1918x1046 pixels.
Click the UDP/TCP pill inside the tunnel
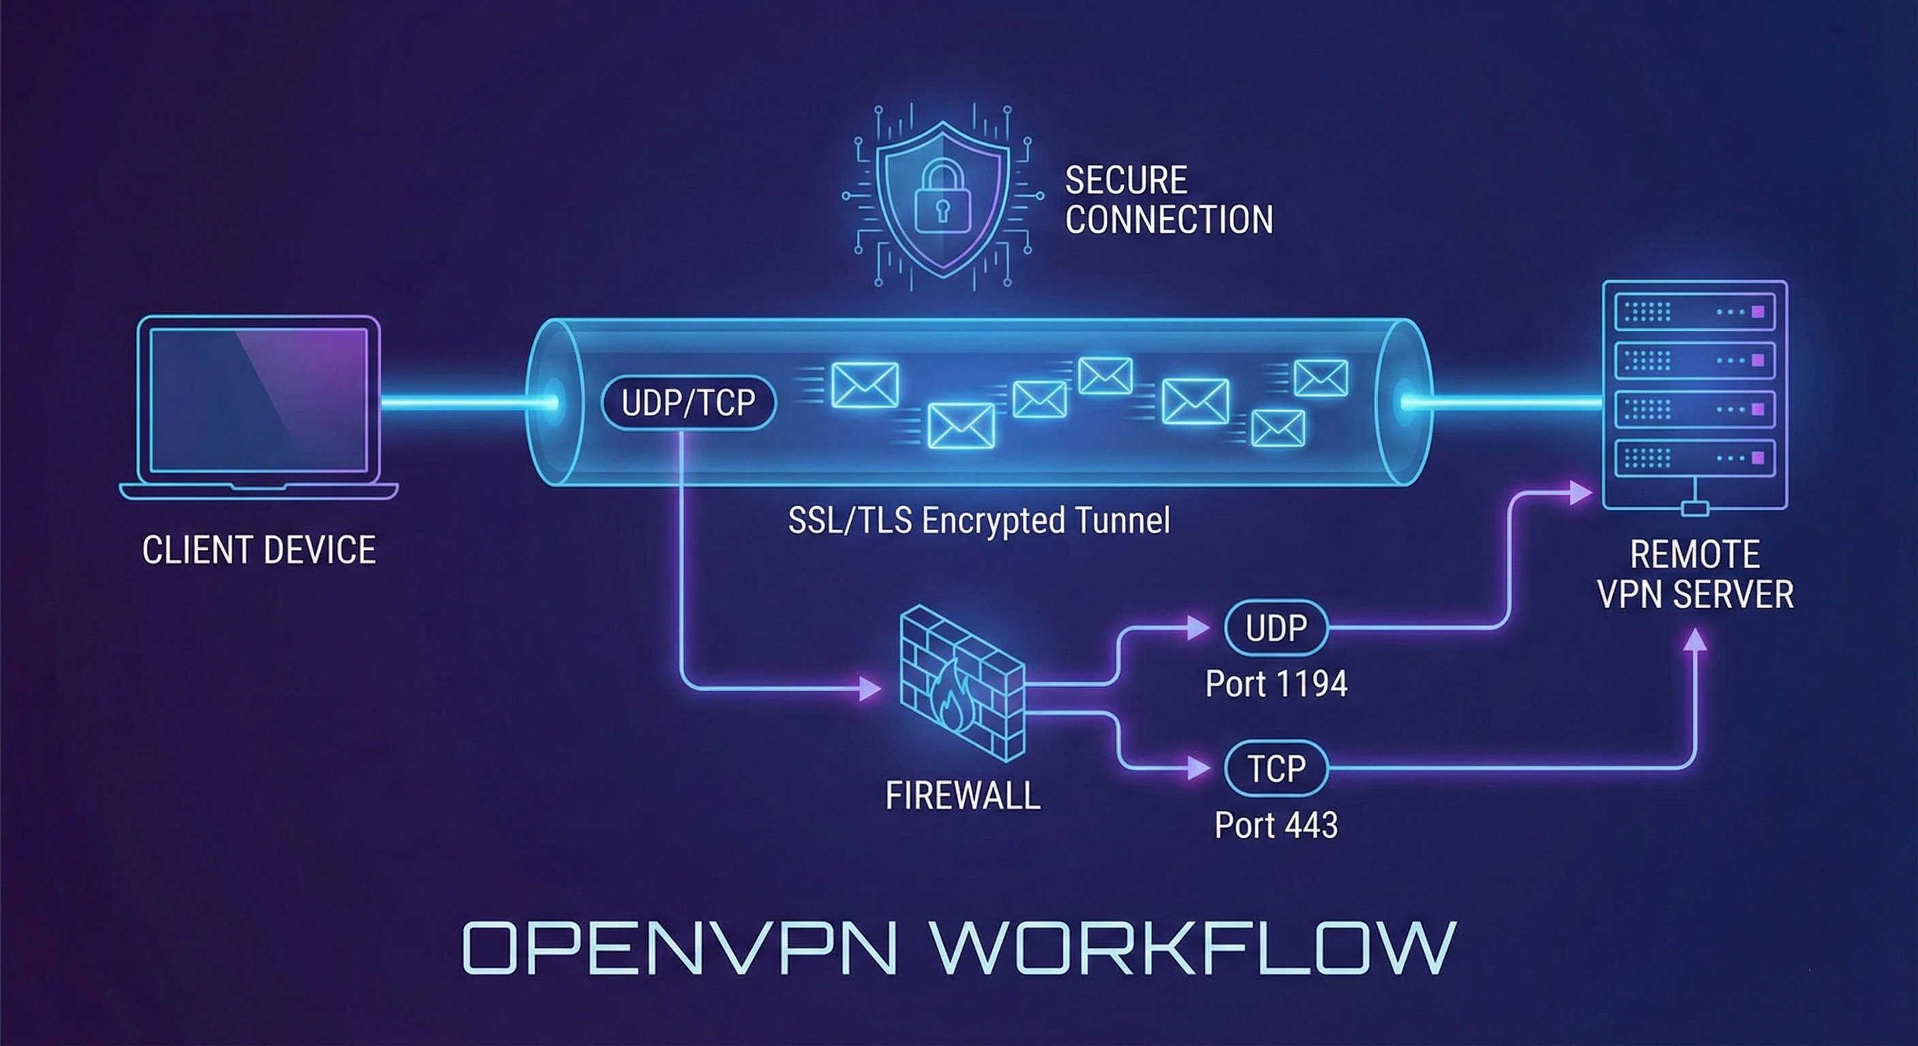pos(688,402)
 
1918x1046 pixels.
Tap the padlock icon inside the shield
pos(943,197)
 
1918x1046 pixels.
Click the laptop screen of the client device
pos(258,400)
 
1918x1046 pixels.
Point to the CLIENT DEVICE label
pos(258,550)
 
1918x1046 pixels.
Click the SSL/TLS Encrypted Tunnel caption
pos(978,520)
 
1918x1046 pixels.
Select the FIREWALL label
pos(962,796)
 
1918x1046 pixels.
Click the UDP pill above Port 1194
pos(1276,628)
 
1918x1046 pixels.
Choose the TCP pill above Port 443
pos(1276,767)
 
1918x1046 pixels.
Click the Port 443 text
pos(1276,825)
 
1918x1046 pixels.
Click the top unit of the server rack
pos(1694,312)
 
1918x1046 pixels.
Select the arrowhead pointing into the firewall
pos(869,688)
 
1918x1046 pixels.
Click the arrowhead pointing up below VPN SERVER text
pos(1695,640)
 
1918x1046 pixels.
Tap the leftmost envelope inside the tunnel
pos(864,385)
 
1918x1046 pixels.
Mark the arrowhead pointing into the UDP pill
pos(1198,628)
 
